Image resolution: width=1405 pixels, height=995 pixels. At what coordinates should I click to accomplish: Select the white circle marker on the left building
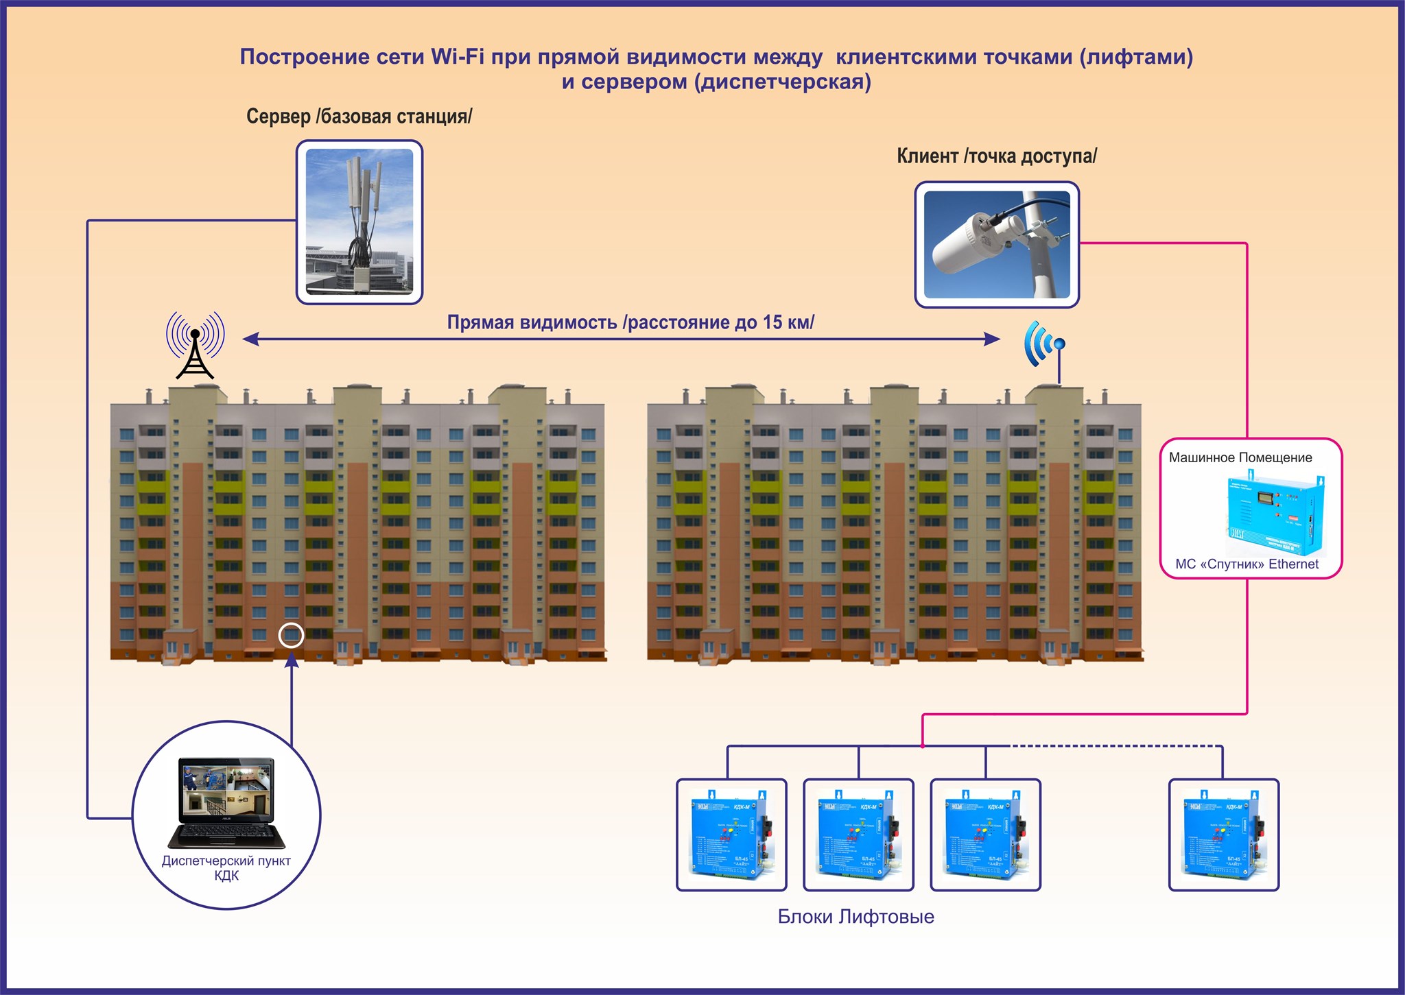(291, 635)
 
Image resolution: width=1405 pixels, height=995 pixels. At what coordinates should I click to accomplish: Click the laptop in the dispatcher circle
(226, 802)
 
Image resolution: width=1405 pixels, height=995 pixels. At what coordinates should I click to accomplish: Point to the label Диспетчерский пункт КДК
(226, 868)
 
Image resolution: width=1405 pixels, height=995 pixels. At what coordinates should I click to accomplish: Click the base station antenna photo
(359, 221)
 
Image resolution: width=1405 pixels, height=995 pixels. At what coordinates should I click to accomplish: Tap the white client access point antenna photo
(996, 244)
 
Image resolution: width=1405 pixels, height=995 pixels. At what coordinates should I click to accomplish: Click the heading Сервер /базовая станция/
(359, 117)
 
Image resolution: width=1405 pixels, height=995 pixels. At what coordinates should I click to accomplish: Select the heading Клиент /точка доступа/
(996, 156)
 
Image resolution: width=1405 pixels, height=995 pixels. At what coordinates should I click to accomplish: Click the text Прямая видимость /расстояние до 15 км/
(630, 322)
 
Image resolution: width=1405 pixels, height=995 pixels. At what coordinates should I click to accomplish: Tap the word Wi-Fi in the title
(457, 56)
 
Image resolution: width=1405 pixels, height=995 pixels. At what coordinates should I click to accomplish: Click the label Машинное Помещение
(1240, 457)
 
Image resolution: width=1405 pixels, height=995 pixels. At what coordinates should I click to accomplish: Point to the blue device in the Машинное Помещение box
(1275, 514)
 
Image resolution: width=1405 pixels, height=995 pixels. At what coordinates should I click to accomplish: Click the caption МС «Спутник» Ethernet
(1247, 564)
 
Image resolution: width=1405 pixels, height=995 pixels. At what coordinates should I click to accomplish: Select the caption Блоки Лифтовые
(855, 917)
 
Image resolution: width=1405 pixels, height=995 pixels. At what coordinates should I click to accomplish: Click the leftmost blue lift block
(731, 835)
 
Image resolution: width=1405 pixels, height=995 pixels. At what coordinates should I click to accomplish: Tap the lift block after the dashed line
(1224, 835)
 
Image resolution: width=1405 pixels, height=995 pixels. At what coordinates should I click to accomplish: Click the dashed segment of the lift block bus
(1115, 745)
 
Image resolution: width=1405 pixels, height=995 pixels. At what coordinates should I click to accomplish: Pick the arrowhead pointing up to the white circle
(292, 660)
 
